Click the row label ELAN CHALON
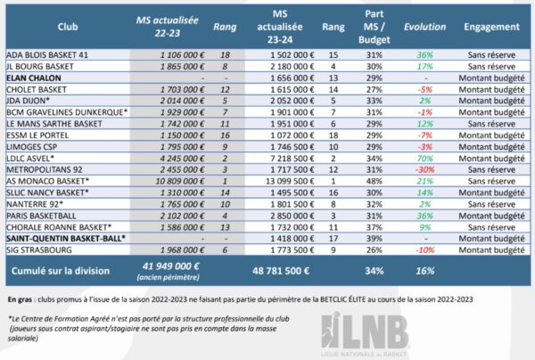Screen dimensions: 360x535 coord(34,78)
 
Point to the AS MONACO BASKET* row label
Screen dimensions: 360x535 coord(45,181)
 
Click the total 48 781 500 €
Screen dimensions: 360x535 coord(284,269)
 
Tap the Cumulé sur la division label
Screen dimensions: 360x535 coord(55,269)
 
